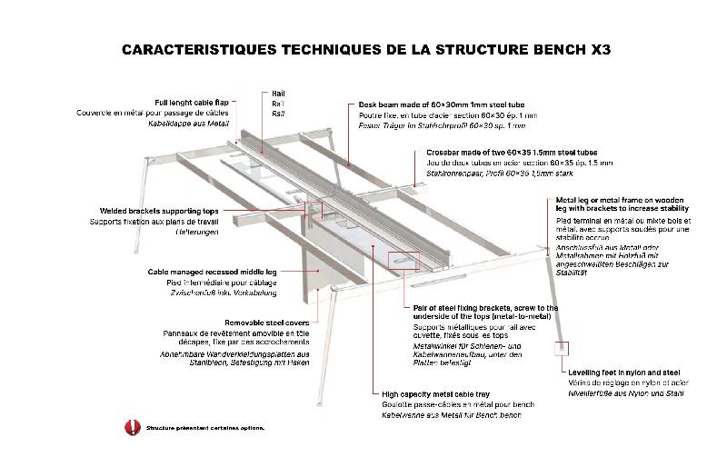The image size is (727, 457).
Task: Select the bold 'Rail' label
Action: click(x=278, y=94)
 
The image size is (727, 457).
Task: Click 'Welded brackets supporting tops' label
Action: click(x=156, y=211)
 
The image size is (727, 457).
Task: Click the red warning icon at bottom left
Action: click(x=131, y=425)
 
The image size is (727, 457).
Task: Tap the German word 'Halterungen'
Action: click(x=199, y=232)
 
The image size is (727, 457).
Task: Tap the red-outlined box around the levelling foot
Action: click(x=563, y=348)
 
